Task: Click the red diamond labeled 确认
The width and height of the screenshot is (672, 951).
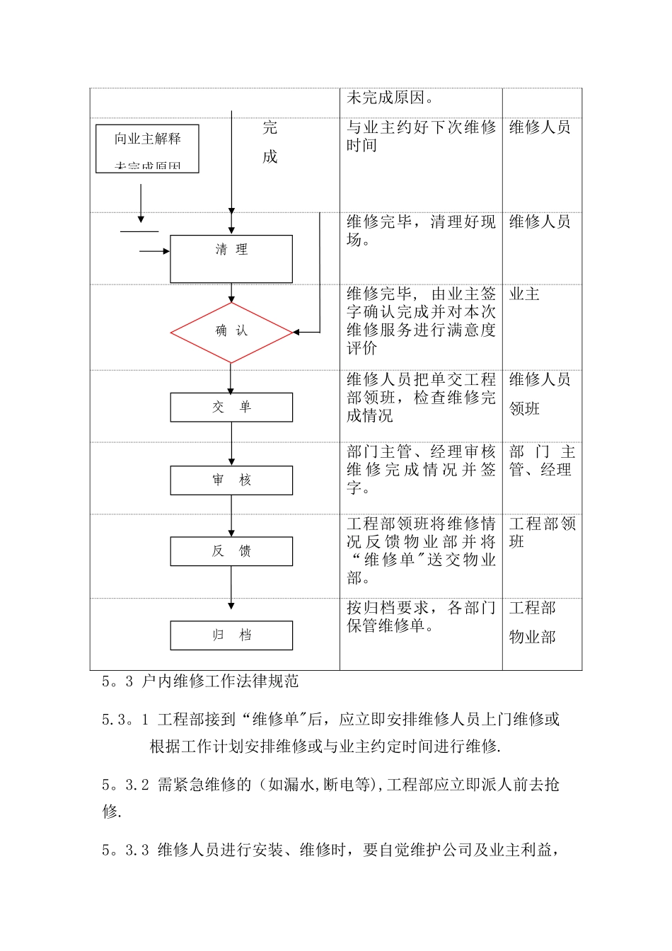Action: point(231,332)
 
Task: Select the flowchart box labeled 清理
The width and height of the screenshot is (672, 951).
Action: point(231,259)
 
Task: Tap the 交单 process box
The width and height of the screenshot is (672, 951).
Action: point(231,408)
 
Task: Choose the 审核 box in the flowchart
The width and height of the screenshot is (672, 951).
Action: point(231,480)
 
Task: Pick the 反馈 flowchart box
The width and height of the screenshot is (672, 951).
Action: point(231,551)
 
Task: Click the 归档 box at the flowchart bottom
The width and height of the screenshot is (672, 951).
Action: point(231,635)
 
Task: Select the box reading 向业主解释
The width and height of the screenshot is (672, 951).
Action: point(147,149)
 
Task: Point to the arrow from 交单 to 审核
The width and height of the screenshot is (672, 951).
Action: point(231,444)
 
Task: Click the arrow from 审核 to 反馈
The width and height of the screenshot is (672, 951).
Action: point(231,515)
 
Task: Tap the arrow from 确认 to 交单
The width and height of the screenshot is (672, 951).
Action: point(231,378)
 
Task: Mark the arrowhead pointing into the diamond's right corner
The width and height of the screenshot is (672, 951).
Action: point(296,332)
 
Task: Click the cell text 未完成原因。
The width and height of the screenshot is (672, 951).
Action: point(390,98)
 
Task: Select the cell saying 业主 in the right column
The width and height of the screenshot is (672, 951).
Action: point(524,294)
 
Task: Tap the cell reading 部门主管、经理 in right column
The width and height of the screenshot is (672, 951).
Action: point(542,461)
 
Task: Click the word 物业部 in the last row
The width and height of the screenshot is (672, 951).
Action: point(532,638)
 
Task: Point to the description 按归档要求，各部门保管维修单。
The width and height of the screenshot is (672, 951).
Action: point(420,616)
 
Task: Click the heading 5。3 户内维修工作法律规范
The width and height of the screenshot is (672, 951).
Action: point(200,681)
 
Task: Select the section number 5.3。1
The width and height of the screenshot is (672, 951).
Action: point(125,720)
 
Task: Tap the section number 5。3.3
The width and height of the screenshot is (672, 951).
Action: point(125,851)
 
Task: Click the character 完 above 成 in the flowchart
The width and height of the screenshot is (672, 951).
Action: point(270,128)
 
